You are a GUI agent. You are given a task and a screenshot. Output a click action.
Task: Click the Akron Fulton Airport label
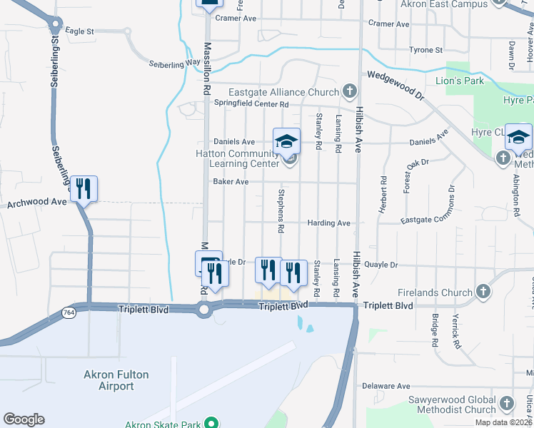coord(109,380)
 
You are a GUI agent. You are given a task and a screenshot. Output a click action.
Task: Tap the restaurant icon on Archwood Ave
coord(84,188)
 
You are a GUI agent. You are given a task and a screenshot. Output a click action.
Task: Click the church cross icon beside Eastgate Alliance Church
coord(349,91)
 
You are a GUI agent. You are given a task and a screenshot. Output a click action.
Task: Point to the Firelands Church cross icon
coord(483,292)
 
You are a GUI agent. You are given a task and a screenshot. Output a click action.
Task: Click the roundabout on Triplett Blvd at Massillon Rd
coord(204,310)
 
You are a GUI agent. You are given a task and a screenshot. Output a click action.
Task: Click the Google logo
coord(24,419)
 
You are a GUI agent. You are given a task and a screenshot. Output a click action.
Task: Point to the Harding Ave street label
coord(328,223)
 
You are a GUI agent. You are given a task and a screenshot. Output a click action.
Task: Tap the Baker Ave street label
coord(231,182)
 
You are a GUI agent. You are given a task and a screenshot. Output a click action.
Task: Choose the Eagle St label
coord(79,31)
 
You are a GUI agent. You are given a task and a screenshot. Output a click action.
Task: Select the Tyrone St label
coord(426,50)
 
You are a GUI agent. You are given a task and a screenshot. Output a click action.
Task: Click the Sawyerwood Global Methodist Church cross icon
coord(507,404)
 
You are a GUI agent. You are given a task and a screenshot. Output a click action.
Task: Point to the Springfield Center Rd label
coord(251,103)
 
